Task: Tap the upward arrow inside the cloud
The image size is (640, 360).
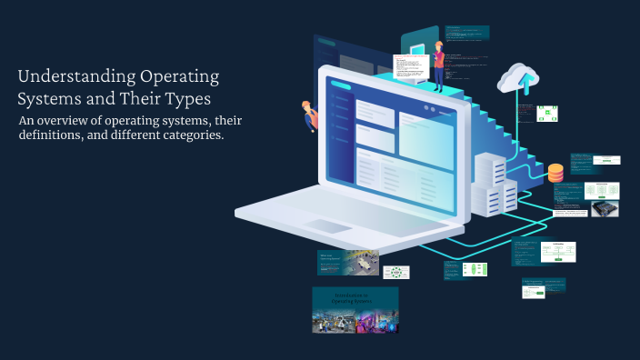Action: [524, 84]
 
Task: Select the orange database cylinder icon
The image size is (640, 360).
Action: [555, 172]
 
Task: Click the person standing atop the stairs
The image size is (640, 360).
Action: [438, 65]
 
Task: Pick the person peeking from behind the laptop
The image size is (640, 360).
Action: [309, 114]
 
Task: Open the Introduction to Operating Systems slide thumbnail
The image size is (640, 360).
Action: [355, 310]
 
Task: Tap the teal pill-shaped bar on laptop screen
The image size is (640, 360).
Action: [341, 87]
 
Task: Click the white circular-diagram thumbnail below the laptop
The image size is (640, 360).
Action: [396, 272]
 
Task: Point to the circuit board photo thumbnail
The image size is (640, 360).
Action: [605, 208]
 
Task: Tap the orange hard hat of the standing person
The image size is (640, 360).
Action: [438, 45]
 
